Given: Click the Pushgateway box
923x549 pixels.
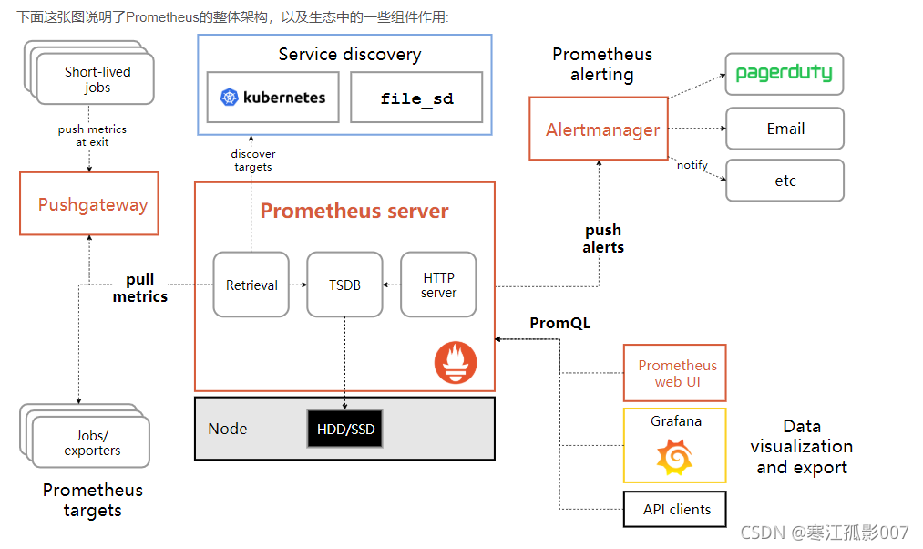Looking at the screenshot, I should coord(89,203).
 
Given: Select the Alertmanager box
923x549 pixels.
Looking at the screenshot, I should coord(602,129).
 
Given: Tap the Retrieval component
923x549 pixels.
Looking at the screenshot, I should coord(251,285).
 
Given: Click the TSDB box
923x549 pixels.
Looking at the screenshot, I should coord(344,285).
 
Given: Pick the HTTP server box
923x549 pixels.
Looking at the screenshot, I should coord(438,285).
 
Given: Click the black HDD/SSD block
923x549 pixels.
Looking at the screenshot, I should coord(344,429).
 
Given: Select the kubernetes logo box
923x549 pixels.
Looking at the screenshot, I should coord(273,98).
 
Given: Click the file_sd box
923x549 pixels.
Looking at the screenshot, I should coord(416,98).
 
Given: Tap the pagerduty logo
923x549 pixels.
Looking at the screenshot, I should coord(784,74).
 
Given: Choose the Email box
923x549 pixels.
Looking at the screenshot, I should coord(784,129).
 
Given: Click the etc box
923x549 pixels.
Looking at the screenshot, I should coord(784,181).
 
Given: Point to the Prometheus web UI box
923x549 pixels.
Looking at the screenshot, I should coord(675,373).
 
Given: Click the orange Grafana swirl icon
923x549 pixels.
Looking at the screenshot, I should coord(674,456).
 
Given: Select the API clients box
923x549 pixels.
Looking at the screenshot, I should coord(675,509).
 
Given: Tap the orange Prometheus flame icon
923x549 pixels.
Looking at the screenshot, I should coord(455,362).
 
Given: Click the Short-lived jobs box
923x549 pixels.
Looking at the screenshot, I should coord(97,79).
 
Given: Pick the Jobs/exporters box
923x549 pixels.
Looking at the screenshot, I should coord(91,442).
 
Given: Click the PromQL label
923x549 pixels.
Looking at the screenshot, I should coord(559,323).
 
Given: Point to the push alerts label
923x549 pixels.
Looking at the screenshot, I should coord(602,238).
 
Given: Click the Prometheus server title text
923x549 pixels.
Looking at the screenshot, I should coord(354,212).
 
